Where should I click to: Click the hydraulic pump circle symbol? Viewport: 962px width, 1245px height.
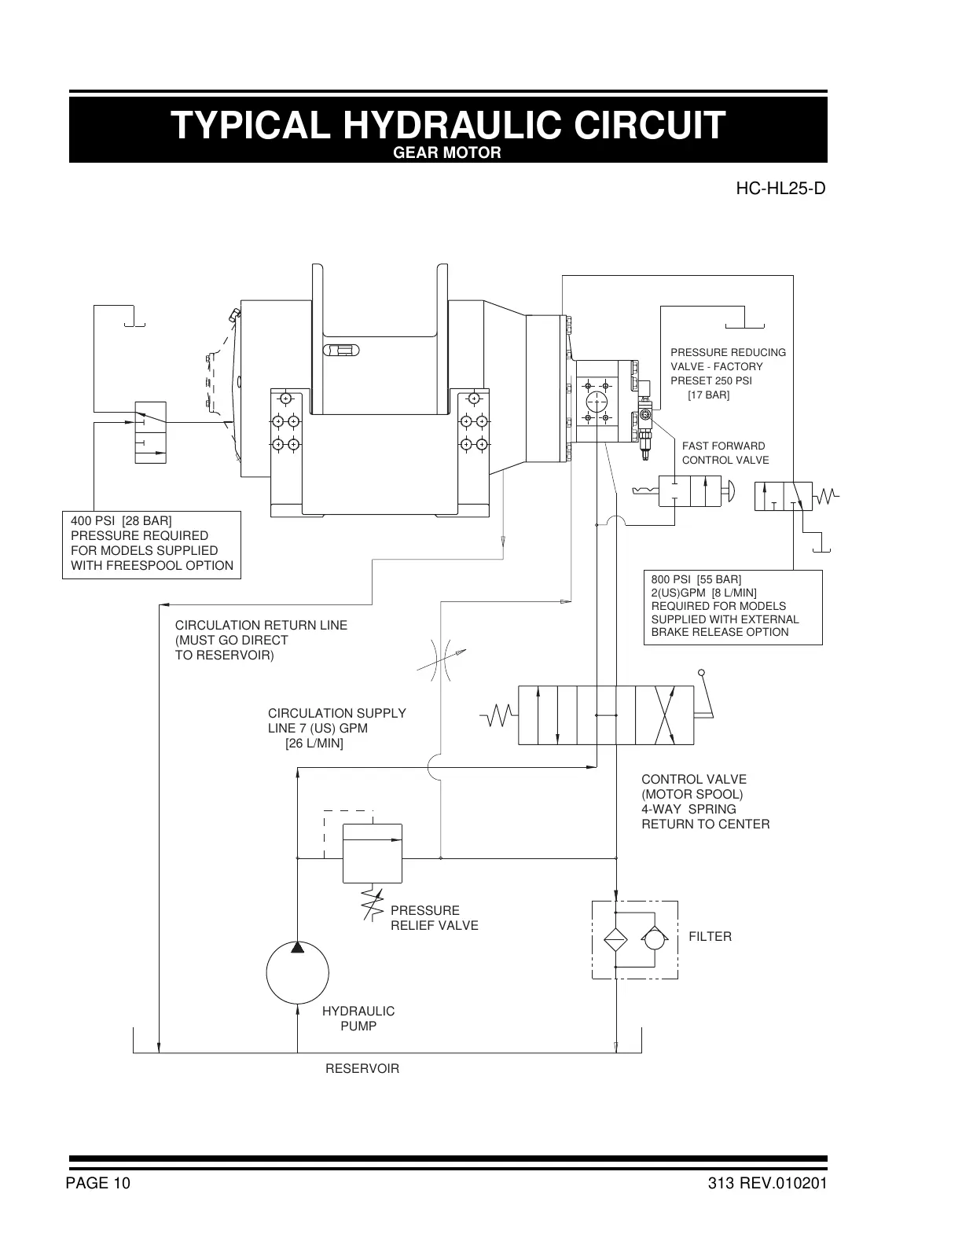pyautogui.click(x=297, y=973)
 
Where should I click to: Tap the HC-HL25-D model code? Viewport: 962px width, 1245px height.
pyautogui.click(x=780, y=189)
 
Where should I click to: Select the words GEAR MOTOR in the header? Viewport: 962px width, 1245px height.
pyautogui.click(x=446, y=152)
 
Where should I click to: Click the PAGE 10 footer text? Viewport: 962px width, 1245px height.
pyautogui.click(x=98, y=1184)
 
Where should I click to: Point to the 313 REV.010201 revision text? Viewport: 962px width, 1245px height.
pyautogui.click(x=766, y=1184)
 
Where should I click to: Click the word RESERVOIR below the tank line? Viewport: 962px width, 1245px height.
pyautogui.click(x=362, y=1069)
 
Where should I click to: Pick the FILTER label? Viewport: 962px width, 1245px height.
pyautogui.click(x=710, y=937)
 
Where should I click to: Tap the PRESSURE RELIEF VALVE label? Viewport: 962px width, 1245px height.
pyautogui.click(x=434, y=918)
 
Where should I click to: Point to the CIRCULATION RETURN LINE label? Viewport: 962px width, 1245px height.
pyautogui.click(x=261, y=640)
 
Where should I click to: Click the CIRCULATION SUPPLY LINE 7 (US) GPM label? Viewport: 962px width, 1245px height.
pyautogui.click(x=336, y=728)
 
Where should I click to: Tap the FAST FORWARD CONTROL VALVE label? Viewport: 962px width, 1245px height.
pyautogui.click(x=725, y=453)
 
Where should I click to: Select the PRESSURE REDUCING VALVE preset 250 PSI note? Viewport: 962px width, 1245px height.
pyautogui.click(x=728, y=373)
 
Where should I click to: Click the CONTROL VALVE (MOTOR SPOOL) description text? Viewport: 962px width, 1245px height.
pyautogui.click(x=705, y=802)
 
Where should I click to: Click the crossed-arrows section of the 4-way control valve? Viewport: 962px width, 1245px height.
pyautogui.click(x=664, y=715)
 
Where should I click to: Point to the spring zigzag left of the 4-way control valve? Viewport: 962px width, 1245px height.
pyautogui.click(x=499, y=715)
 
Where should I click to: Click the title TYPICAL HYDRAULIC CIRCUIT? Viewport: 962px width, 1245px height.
pyautogui.click(x=448, y=125)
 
